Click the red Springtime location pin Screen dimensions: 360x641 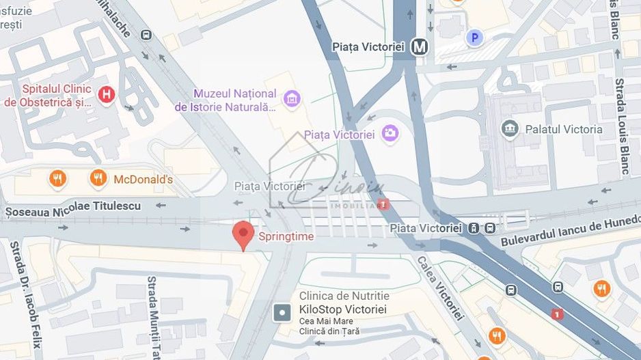pos(243,234)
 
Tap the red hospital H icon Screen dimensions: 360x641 pos(106,95)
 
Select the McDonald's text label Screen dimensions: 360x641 pos(143,180)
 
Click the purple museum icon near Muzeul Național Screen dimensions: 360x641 pos(292,99)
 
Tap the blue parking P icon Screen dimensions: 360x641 pos(474,38)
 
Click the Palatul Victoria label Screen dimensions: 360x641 pos(563,129)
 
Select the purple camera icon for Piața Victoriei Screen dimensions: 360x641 pos(390,133)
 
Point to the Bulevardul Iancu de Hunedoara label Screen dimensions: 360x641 pos(570,230)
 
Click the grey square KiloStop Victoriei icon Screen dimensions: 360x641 pos(282,313)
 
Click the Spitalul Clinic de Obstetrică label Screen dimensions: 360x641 pos(48,96)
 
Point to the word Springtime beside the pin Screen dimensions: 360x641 pos(286,236)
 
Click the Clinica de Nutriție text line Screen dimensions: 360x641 pos(344,296)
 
